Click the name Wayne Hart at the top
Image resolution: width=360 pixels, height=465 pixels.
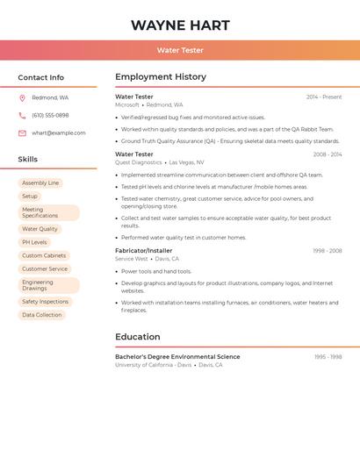point(180,25)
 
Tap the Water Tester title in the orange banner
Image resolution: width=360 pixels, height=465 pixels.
point(180,51)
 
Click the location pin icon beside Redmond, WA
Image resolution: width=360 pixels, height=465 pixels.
point(22,97)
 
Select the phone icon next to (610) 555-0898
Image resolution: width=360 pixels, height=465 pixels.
point(22,115)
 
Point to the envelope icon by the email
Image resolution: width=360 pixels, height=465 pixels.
point(22,133)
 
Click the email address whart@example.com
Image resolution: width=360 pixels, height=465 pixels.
point(59,133)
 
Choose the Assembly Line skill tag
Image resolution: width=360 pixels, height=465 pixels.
point(40,183)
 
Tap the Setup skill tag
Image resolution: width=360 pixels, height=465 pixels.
point(30,197)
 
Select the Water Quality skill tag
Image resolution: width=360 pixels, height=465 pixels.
point(40,229)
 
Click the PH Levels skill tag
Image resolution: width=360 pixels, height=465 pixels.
point(34,242)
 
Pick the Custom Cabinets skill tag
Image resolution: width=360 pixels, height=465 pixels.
point(44,255)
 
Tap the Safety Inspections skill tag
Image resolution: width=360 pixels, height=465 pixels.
point(46,302)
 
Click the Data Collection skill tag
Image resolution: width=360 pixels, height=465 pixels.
point(42,315)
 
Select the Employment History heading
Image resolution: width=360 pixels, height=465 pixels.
point(161,77)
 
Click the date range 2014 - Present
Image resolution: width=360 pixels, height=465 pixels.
point(324,97)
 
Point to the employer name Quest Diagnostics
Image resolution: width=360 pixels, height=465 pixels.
point(139,162)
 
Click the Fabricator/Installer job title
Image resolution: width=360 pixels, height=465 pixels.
point(144,251)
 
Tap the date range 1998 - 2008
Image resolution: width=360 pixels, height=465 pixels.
point(327,251)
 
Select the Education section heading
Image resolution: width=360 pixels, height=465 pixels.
point(138,337)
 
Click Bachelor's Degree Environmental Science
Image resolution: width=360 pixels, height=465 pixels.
point(177,357)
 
